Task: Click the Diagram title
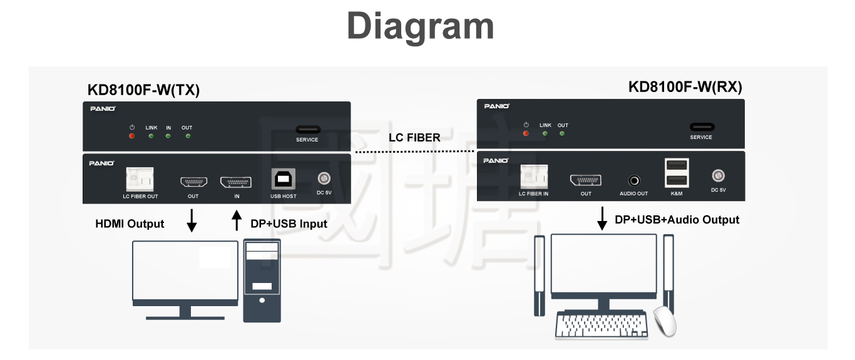(x=421, y=26)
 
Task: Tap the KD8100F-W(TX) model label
(x=143, y=90)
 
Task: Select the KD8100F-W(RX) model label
(x=685, y=87)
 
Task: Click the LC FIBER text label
(x=414, y=137)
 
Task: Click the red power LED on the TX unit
(x=131, y=136)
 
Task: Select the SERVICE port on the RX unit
(x=701, y=127)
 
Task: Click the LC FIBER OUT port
(x=140, y=179)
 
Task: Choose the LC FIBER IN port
(x=533, y=177)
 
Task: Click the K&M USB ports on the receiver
(x=677, y=173)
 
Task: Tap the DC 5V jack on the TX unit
(x=324, y=180)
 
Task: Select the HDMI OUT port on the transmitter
(x=193, y=182)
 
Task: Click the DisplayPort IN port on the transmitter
(x=236, y=182)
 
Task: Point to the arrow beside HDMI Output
(x=192, y=221)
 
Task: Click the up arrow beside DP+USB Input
(x=237, y=221)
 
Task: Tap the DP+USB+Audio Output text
(x=677, y=220)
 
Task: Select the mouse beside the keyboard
(x=665, y=321)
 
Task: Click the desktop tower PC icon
(x=262, y=281)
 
